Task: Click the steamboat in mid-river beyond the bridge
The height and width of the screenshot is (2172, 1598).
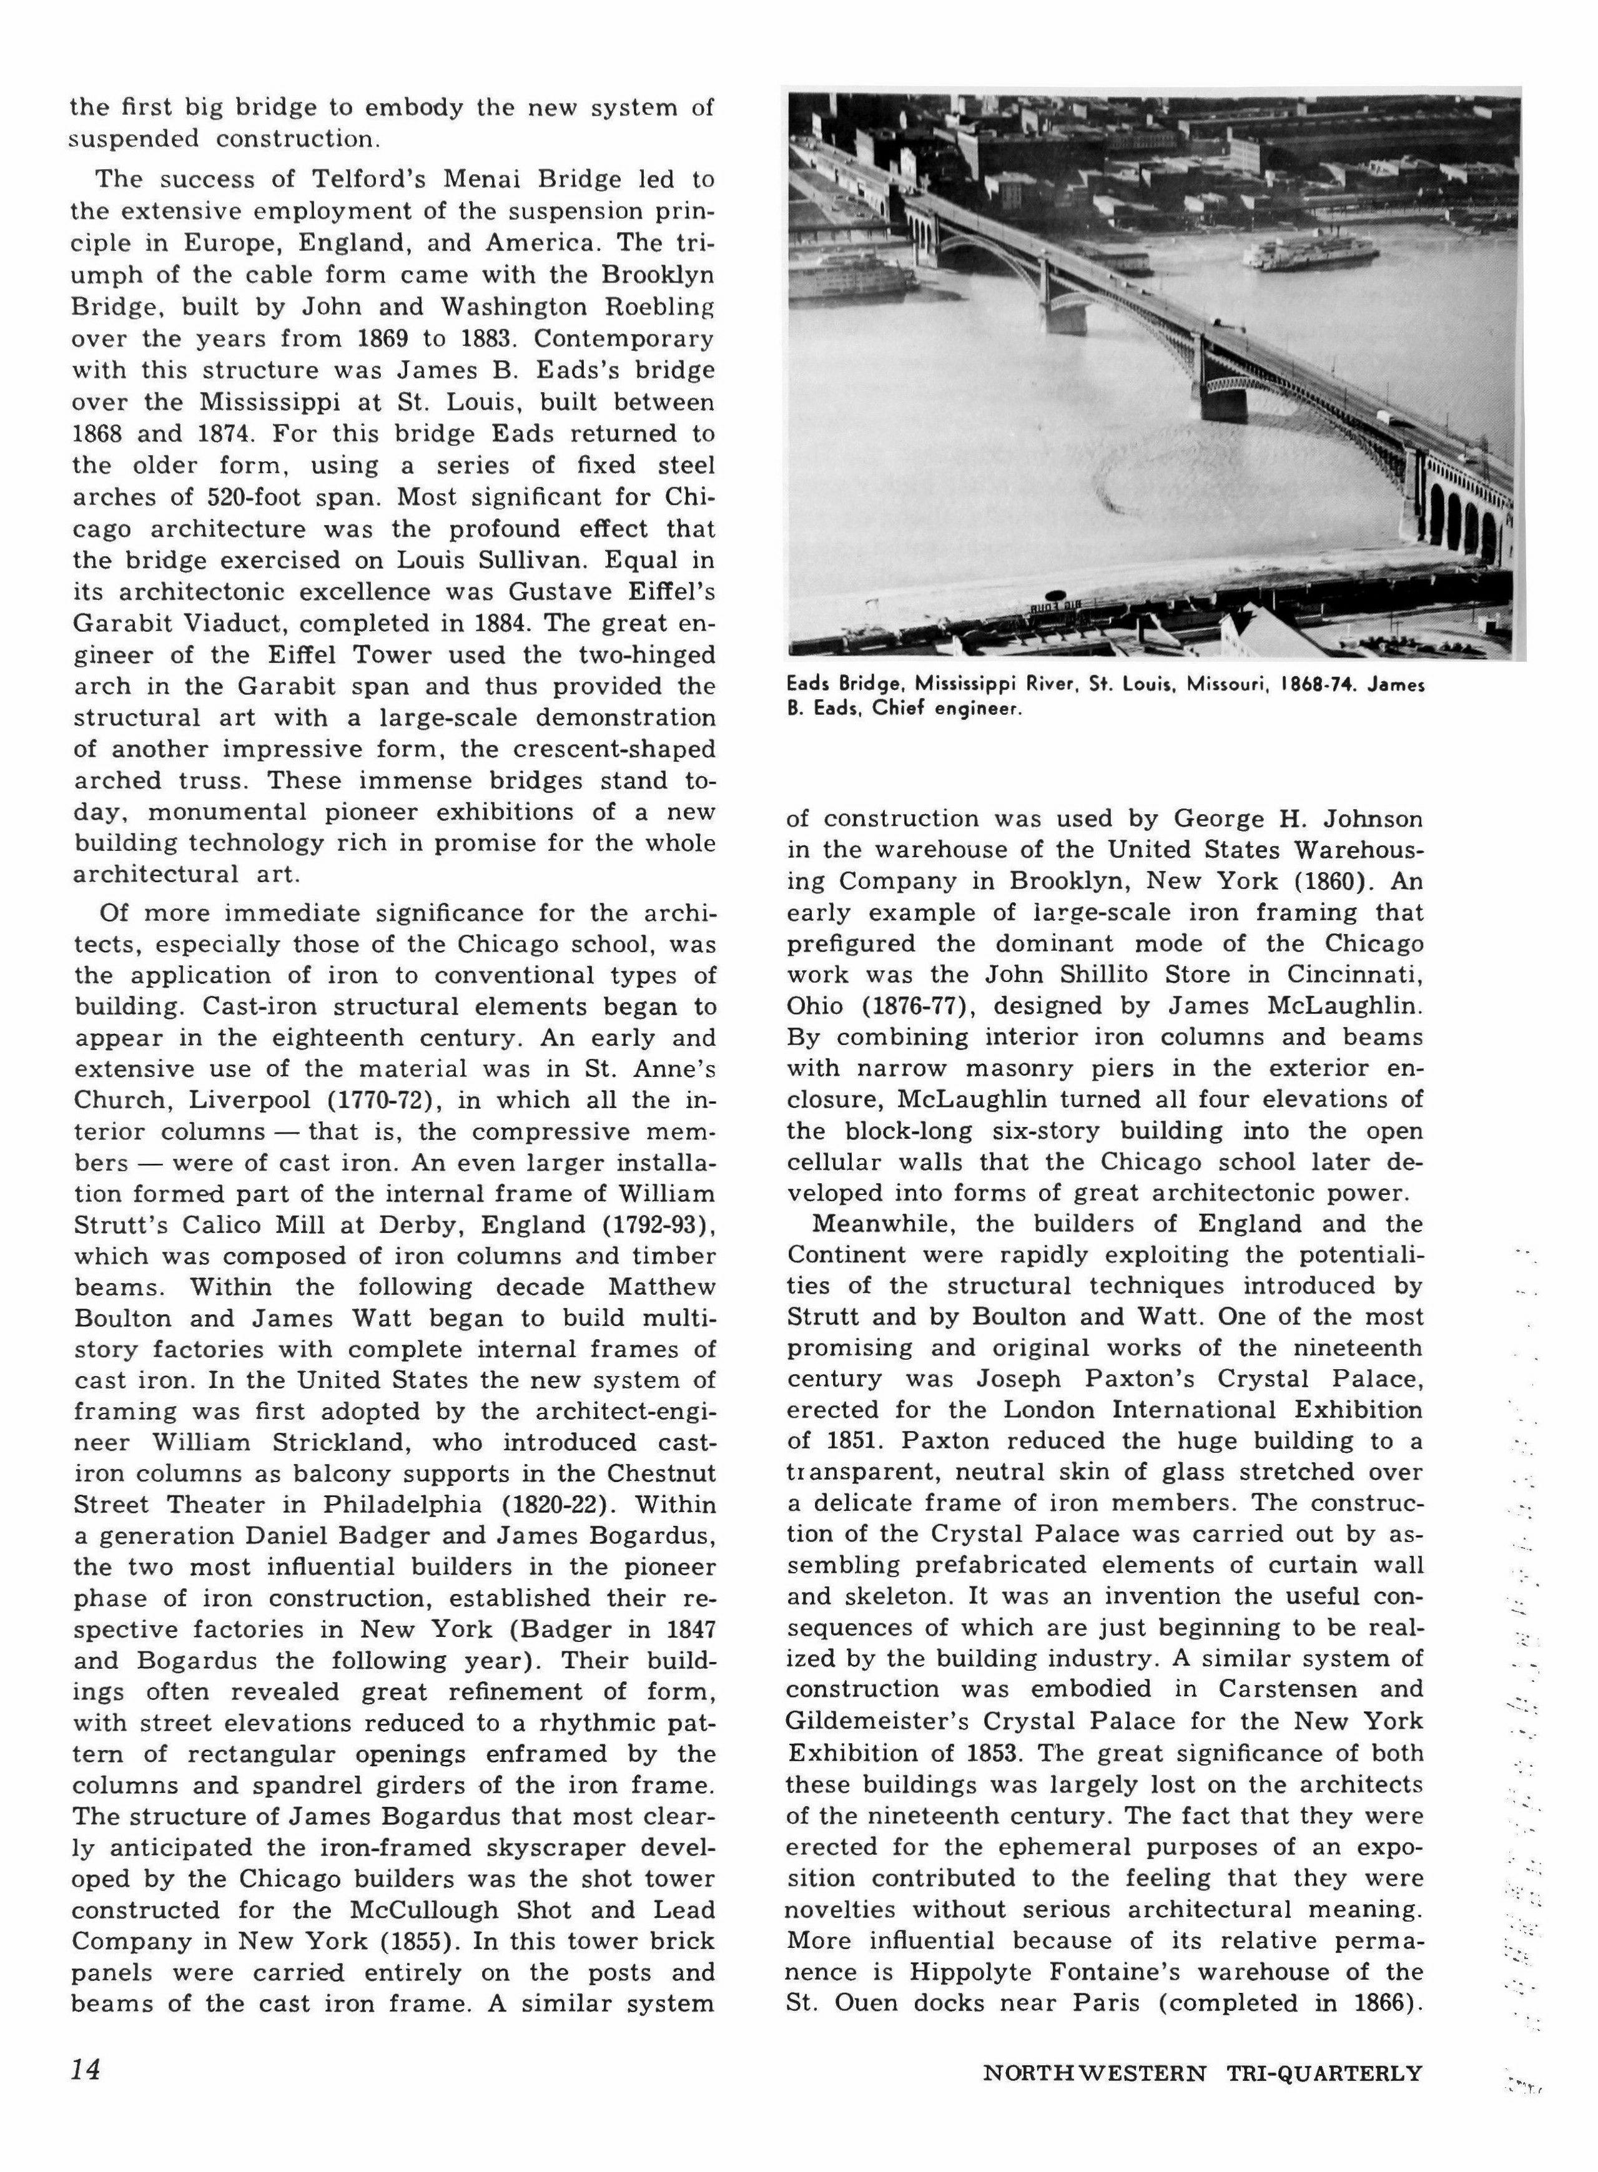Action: click(x=1311, y=253)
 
